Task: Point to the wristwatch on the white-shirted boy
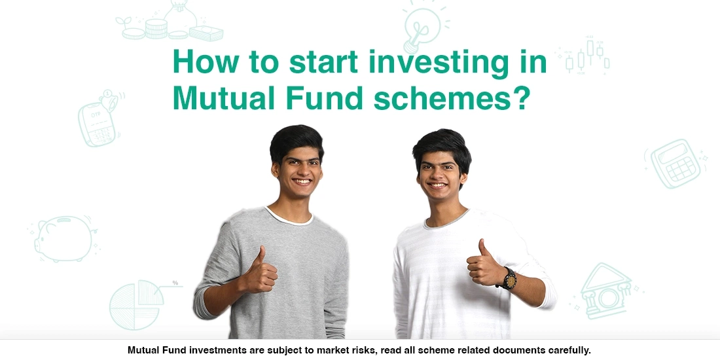click(508, 279)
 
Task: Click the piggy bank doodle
click(63, 238)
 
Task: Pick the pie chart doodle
click(136, 304)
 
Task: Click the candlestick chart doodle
click(586, 56)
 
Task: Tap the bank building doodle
click(606, 291)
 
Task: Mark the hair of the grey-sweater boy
click(297, 137)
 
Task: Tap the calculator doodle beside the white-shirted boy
click(675, 163)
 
